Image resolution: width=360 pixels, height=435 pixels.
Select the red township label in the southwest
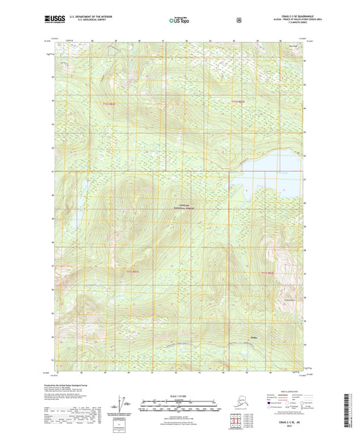pos(134,272)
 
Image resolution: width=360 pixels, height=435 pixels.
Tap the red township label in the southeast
pos(268,273)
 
